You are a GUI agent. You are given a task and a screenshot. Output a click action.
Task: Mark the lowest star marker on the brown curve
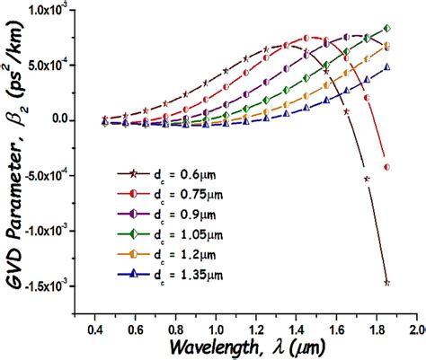(x=387, y=283)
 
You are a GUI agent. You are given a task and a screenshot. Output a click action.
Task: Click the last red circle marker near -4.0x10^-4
(x=387, y=167)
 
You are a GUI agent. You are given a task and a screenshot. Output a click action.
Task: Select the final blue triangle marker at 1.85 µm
(x=387, y=67)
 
